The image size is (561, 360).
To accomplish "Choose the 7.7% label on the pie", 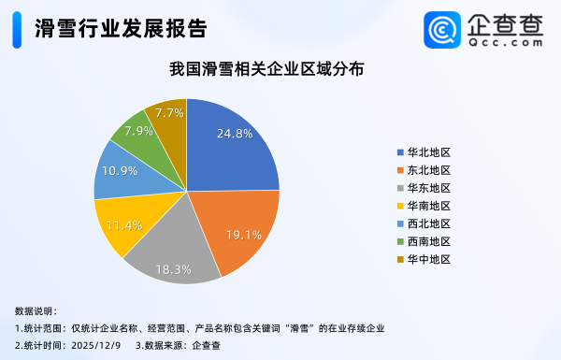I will tap(170, 112).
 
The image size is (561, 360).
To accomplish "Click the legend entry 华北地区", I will tap(429, 152).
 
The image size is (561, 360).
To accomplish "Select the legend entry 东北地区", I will tap(429, 170).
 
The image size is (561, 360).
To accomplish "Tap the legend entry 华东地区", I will tap(429, 188).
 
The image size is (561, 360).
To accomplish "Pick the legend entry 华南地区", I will tap(429, 206).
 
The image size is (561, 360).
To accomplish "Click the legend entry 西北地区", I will tap(429, 223).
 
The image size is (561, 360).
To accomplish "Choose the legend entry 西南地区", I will tap(429, 241).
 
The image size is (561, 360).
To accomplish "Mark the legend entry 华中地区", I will tap(429, 259).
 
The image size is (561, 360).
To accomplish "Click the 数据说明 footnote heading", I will tap(36, 310).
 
